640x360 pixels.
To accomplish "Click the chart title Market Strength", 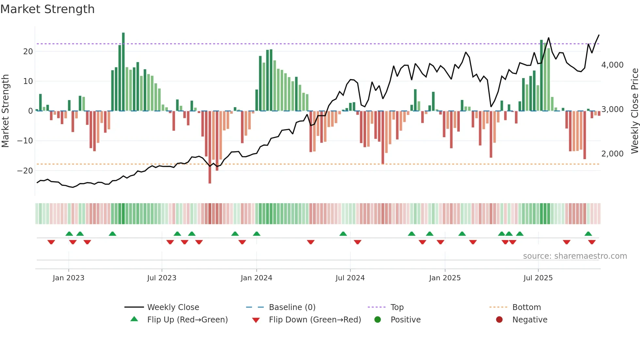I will click(47, 9).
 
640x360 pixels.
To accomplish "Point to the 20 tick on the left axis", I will click(28, 51).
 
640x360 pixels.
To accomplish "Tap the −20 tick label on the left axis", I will click(25, 171).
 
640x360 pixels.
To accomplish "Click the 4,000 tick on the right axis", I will click(612, 65).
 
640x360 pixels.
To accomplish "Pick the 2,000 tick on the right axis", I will click(612, 154).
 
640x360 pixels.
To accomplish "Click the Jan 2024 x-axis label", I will click(256, 278).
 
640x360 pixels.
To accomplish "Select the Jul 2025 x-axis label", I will click(538, 278).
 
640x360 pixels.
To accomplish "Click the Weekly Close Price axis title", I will click(634, 111).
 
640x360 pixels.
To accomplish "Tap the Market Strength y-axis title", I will click(5, 111).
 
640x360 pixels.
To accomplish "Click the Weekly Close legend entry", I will click(173, 307).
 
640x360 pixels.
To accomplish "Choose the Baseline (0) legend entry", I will click(292, 307).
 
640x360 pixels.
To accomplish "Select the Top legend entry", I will click(397, 307).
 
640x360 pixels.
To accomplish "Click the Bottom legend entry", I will click(526, 307).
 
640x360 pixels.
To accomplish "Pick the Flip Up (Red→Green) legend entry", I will click(187, 320).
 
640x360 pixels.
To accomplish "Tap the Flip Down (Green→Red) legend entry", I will click(315, 320).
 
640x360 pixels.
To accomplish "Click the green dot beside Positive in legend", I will click(377, 319).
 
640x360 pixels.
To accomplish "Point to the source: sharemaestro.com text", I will click(575, 256).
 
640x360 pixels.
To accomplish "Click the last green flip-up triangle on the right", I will click(588, 234).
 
